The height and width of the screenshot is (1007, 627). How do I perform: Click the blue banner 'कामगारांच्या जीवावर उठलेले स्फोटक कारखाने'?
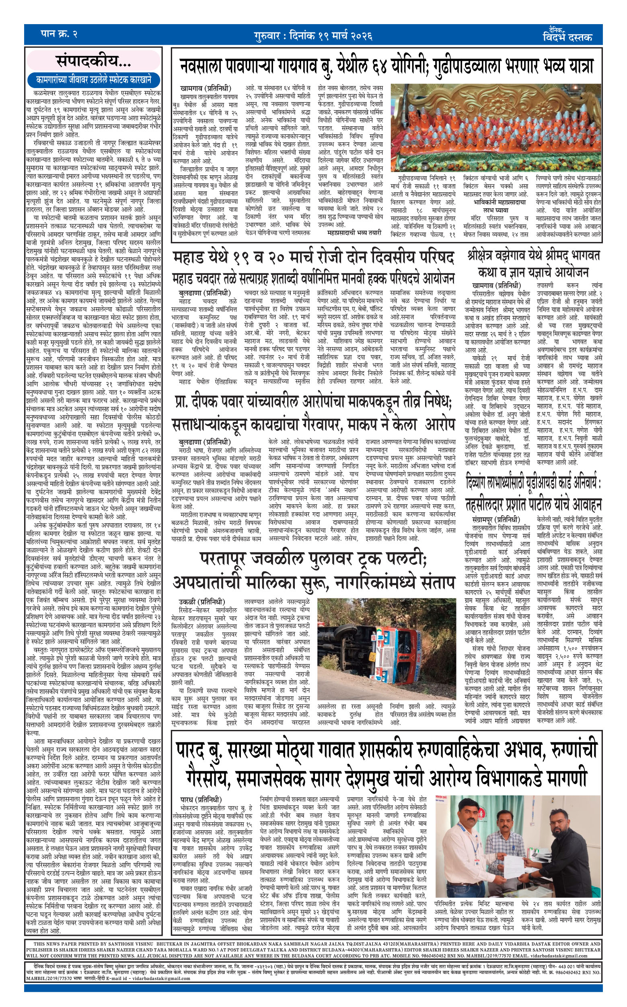pyautogui.click(x=93, y=80)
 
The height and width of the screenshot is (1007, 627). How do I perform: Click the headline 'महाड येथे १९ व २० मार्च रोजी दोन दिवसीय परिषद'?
pyautogui.click(x=313, y=257)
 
